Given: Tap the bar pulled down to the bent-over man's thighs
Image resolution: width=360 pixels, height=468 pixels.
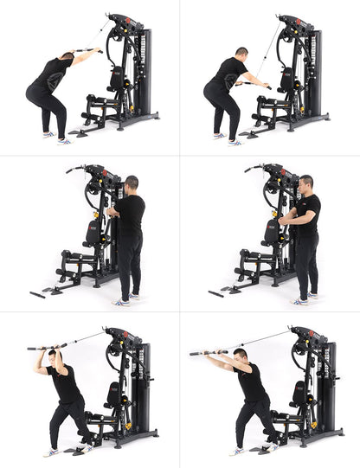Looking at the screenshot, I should pyautogui.click(x=256, y=85).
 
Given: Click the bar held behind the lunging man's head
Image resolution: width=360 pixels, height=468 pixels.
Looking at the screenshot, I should pyautogui.click(x=48, y=346).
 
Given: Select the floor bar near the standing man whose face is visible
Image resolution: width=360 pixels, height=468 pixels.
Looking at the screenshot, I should pyautogui.click(x=217, y=293).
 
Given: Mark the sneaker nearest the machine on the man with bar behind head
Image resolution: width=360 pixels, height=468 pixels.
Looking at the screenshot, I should pyautogui.click(x=86, y=446).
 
